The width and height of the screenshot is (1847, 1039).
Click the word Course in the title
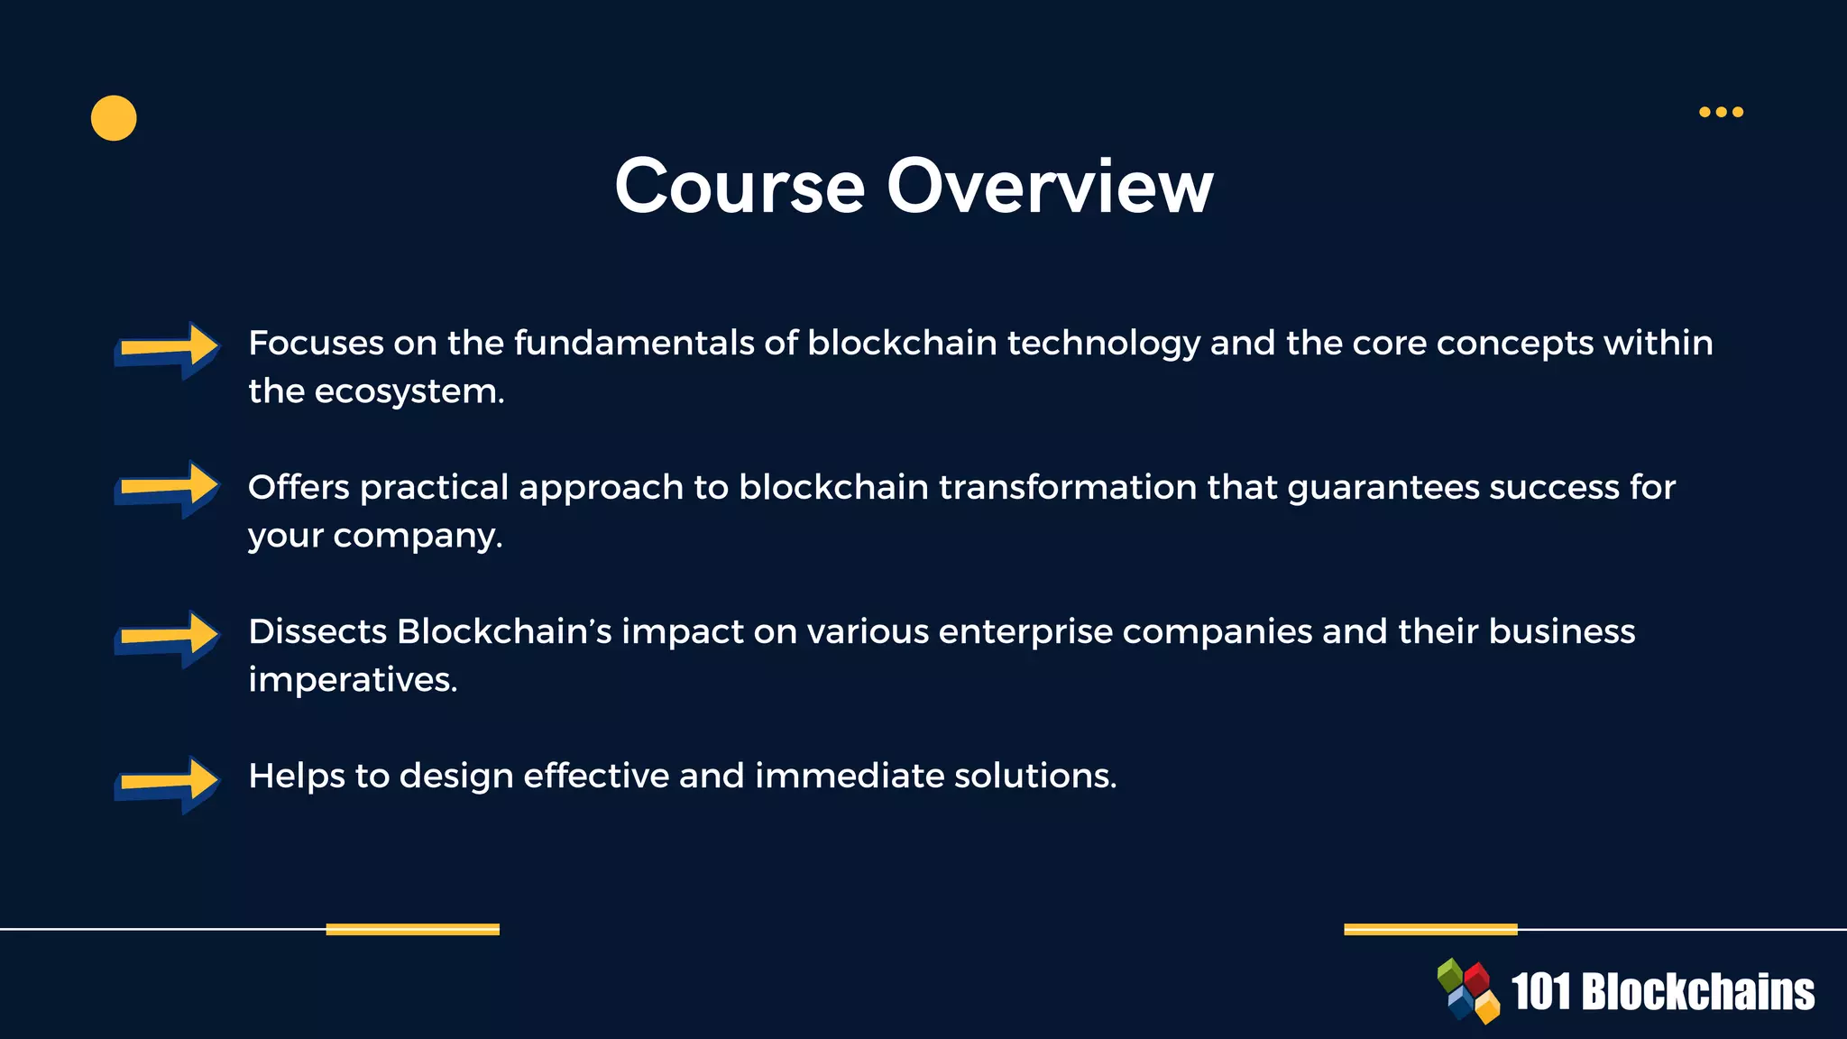pyautogui.click(x=740, y=187)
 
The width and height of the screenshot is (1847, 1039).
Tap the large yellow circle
pyautogui.click(x=114, y=118)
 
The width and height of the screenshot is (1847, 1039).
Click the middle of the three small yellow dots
pyautogui.click(x=1721, y=112)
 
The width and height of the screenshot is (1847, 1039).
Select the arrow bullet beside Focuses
pyautogui.click(x=168, y=349)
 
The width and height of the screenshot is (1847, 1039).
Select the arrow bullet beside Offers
pyautogui.click(x=168, y=489)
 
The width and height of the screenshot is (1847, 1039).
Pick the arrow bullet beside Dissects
pyautogui.click(x=168, y=638)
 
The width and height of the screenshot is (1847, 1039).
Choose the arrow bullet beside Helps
pyautogui.click(x=168, y=782)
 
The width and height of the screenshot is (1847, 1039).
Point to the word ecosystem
pyautogui.click(x=409, y=392)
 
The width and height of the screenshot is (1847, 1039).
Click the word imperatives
pyautogui.click(x=353, y=680)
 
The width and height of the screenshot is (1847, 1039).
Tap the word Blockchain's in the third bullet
pyautogui.click(x=504, y=631)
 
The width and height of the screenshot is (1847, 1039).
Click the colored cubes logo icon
pyautogui.click(x=1468, y=990)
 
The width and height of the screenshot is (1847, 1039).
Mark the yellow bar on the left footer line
pyautogui.click(x=412, y=929)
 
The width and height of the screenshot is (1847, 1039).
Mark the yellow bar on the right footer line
pyautogui.click(x=1430, y=929)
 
